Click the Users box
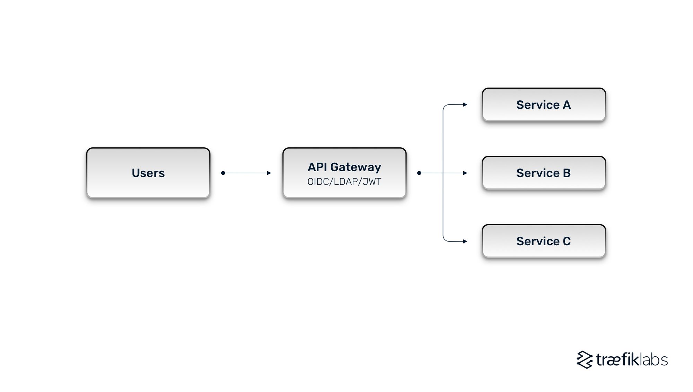148,173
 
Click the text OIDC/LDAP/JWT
344,182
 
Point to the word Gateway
356,167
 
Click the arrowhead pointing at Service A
465,104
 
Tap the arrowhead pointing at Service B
465,173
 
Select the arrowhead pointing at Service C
465,241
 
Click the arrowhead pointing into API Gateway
269,173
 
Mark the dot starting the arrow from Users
223,173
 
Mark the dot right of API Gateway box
419,173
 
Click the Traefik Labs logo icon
585,360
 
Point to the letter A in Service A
567,105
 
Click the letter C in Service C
567,241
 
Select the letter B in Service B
567,173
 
